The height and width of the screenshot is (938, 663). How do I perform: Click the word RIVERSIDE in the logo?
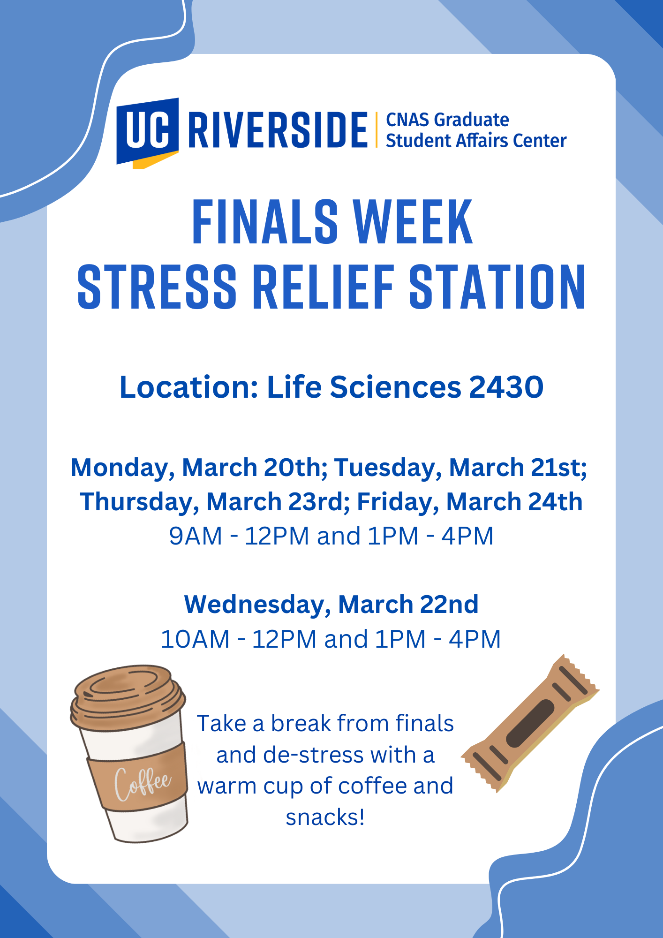pos(278,130)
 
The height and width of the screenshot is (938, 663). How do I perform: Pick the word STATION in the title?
pos(497,287)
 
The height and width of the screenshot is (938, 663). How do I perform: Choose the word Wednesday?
pos(257,605)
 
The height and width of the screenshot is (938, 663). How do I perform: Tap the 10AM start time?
pos(195,639)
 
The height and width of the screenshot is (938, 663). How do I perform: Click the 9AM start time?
pos(196,536)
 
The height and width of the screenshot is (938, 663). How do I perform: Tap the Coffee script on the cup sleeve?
pos(143,783)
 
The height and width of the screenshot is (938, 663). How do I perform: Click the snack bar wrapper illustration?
pos(530,723)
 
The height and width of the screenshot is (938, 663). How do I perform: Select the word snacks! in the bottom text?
pos(325,817)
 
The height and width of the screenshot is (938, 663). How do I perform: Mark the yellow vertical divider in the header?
pos(377,130)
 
